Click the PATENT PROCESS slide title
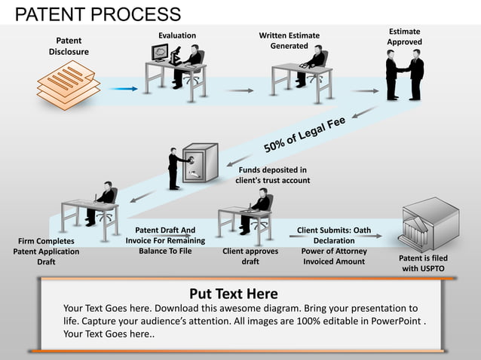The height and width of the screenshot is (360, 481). coord(98,14)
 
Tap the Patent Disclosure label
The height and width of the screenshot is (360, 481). coord(69,45)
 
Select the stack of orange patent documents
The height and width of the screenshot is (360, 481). coord(69,84)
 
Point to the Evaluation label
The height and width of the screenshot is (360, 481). coord(177,35)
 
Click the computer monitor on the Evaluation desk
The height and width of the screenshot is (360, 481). coord(160,53)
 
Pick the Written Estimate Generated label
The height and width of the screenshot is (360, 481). coord(289,41)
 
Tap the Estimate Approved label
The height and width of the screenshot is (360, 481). coord(405,36)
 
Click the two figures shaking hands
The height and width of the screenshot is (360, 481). coord(405,76)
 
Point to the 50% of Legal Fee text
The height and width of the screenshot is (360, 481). coord(304,133)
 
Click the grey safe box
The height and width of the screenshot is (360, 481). coord(201,163)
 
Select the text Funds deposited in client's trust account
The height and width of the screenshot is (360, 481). coord(272,175)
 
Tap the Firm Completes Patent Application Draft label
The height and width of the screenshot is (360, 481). coord(46,252)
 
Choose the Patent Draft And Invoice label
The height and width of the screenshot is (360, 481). coord(165,240)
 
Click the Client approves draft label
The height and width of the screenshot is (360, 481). coord(250,256)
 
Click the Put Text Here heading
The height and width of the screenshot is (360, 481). coord(233,294)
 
